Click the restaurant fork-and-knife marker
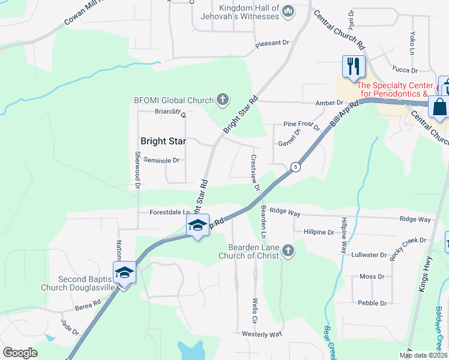[x=354, y=66]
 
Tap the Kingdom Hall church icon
[x=288, y=10]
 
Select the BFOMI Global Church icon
[x=223, y=99]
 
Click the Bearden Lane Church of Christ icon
[x=288, y=250]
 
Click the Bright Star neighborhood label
[x=163, y=142]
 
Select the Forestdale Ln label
[x=170, y=212]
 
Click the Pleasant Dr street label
[x=272, y=43]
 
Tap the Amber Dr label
[x=329, y=103]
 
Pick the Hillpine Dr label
[x=319, y=232]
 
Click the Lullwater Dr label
[x=369, y=255]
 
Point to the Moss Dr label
[x=372, y=277]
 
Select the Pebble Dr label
[x=372, y=303]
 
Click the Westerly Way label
[x=262, y=334]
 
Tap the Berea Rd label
[x=88, y=305]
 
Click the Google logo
[x=20, y=352]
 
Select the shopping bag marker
[x=440, y=107]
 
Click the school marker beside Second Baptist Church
[x=125, y=272]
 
